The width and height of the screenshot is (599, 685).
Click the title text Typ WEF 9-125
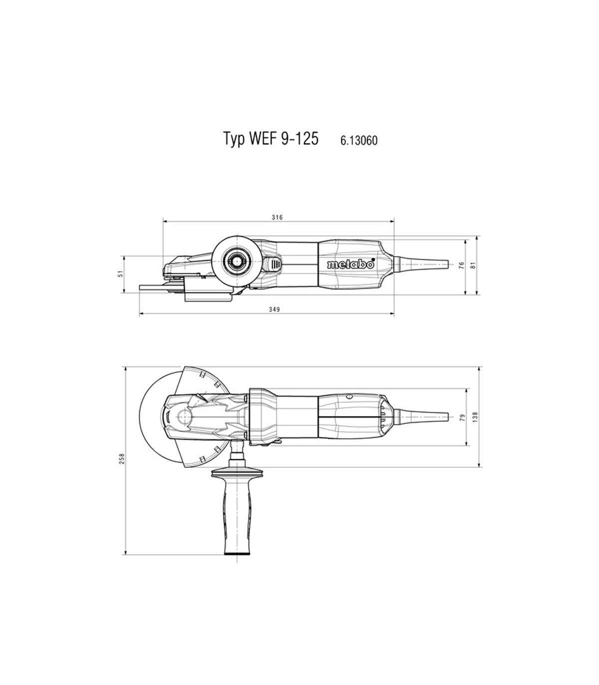pos(271,139)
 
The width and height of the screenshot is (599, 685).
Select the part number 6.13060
pos(359,140)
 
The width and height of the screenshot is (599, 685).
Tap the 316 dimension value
pos(277,217)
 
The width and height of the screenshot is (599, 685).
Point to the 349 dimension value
pos(274,310)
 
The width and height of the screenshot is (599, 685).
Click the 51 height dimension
pos(121,274)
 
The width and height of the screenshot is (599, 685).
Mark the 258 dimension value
pos(121,458)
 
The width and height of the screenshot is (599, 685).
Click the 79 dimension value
pos(463,418)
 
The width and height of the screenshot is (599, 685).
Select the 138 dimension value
pos(476,417)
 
